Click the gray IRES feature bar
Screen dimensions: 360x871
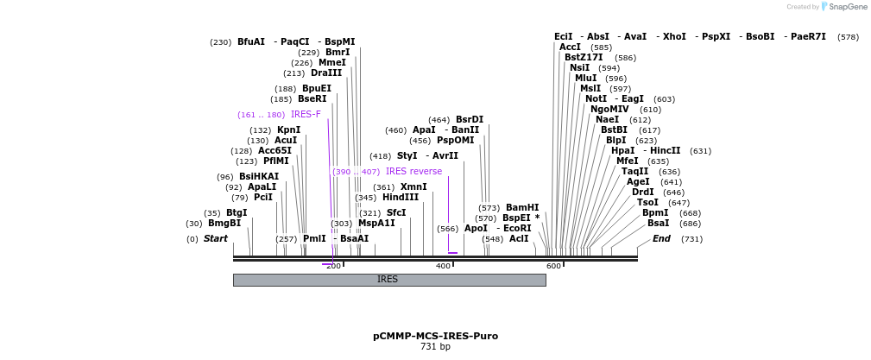[x=388, y=280]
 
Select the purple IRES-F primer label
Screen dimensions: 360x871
[x=306, y=115]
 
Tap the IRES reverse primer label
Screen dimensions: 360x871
[x=413, y=172]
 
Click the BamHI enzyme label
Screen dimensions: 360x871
[x=522, y=208]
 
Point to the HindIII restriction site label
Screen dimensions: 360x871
[x=401, y=198]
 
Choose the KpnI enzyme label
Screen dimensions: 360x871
[x=288, y=130]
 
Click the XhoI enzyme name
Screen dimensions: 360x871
[x=673, y=37]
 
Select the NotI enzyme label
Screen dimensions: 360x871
[x=596, y=99]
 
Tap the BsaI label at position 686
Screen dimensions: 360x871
[x=658, y=224]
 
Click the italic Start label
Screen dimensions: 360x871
[x=216, y=239]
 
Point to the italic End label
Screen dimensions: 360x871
[x=661, y=239]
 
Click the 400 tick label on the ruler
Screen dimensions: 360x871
[x=444, y=266]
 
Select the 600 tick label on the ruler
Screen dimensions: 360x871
[x=553, y=266]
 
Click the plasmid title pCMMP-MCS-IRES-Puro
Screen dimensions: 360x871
[x=435, y=336]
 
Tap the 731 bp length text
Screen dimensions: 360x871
[x=435, y=347]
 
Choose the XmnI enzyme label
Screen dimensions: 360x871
[x=413, y=187]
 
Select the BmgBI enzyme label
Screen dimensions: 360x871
[x=224, y=224]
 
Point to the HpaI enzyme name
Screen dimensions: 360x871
[x=622, y=151]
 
